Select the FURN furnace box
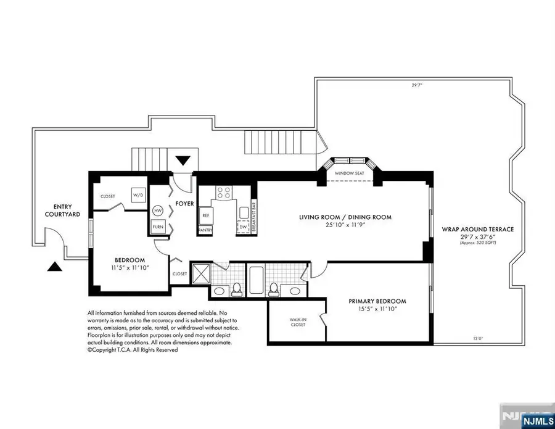click(x=158, y=228)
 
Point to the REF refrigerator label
click(x=205, y=215)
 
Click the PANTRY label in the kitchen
click(x=205, y=230)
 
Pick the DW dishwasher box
click(x=243, y=227)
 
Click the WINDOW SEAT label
click(x=349, y=173)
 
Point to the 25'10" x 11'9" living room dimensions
click(x=345, y=226)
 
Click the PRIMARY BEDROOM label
click(x=377, y=301)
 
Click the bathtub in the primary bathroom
click(x=255, y=280)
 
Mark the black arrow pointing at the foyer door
click(x=183, y=162)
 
